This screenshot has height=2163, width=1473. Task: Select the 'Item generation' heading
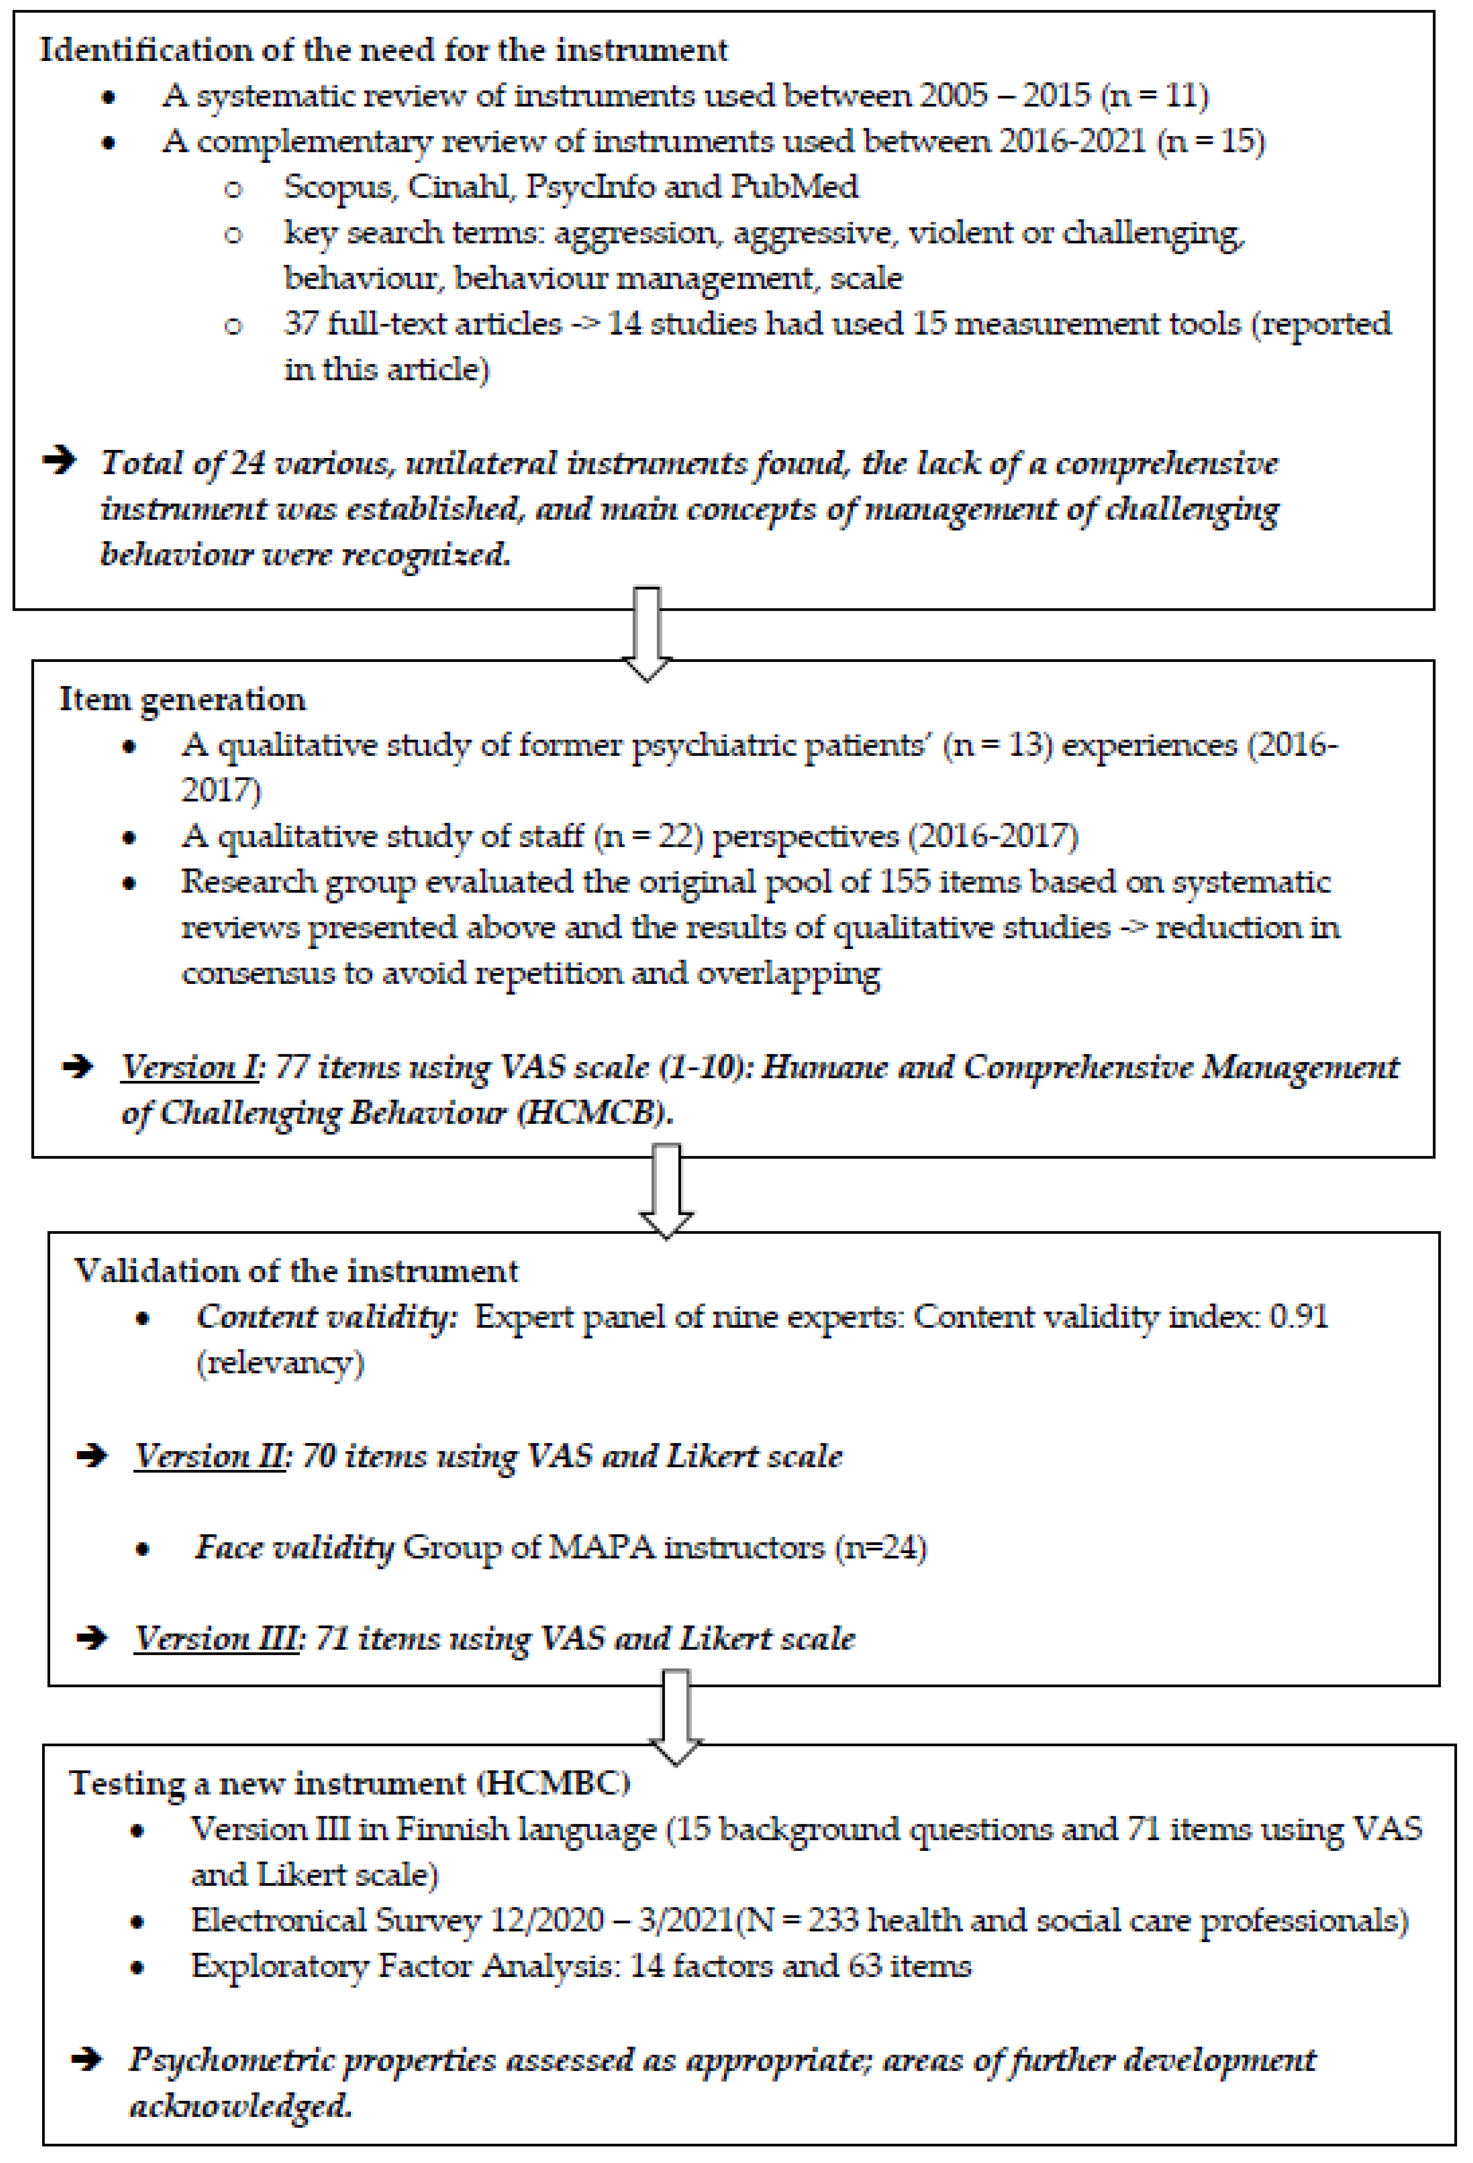183,699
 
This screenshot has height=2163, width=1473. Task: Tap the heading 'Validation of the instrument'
296,1271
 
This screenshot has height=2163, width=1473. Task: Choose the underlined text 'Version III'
216,1638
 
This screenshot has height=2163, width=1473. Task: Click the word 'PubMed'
793,187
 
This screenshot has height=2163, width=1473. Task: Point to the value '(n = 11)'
1154,96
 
